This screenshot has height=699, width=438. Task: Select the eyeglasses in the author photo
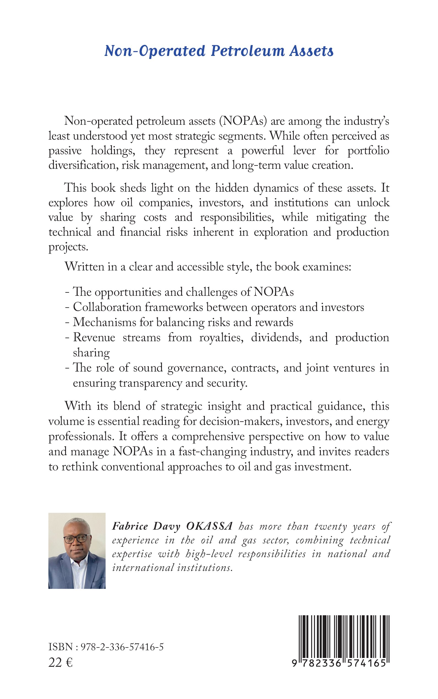click(75, 539)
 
